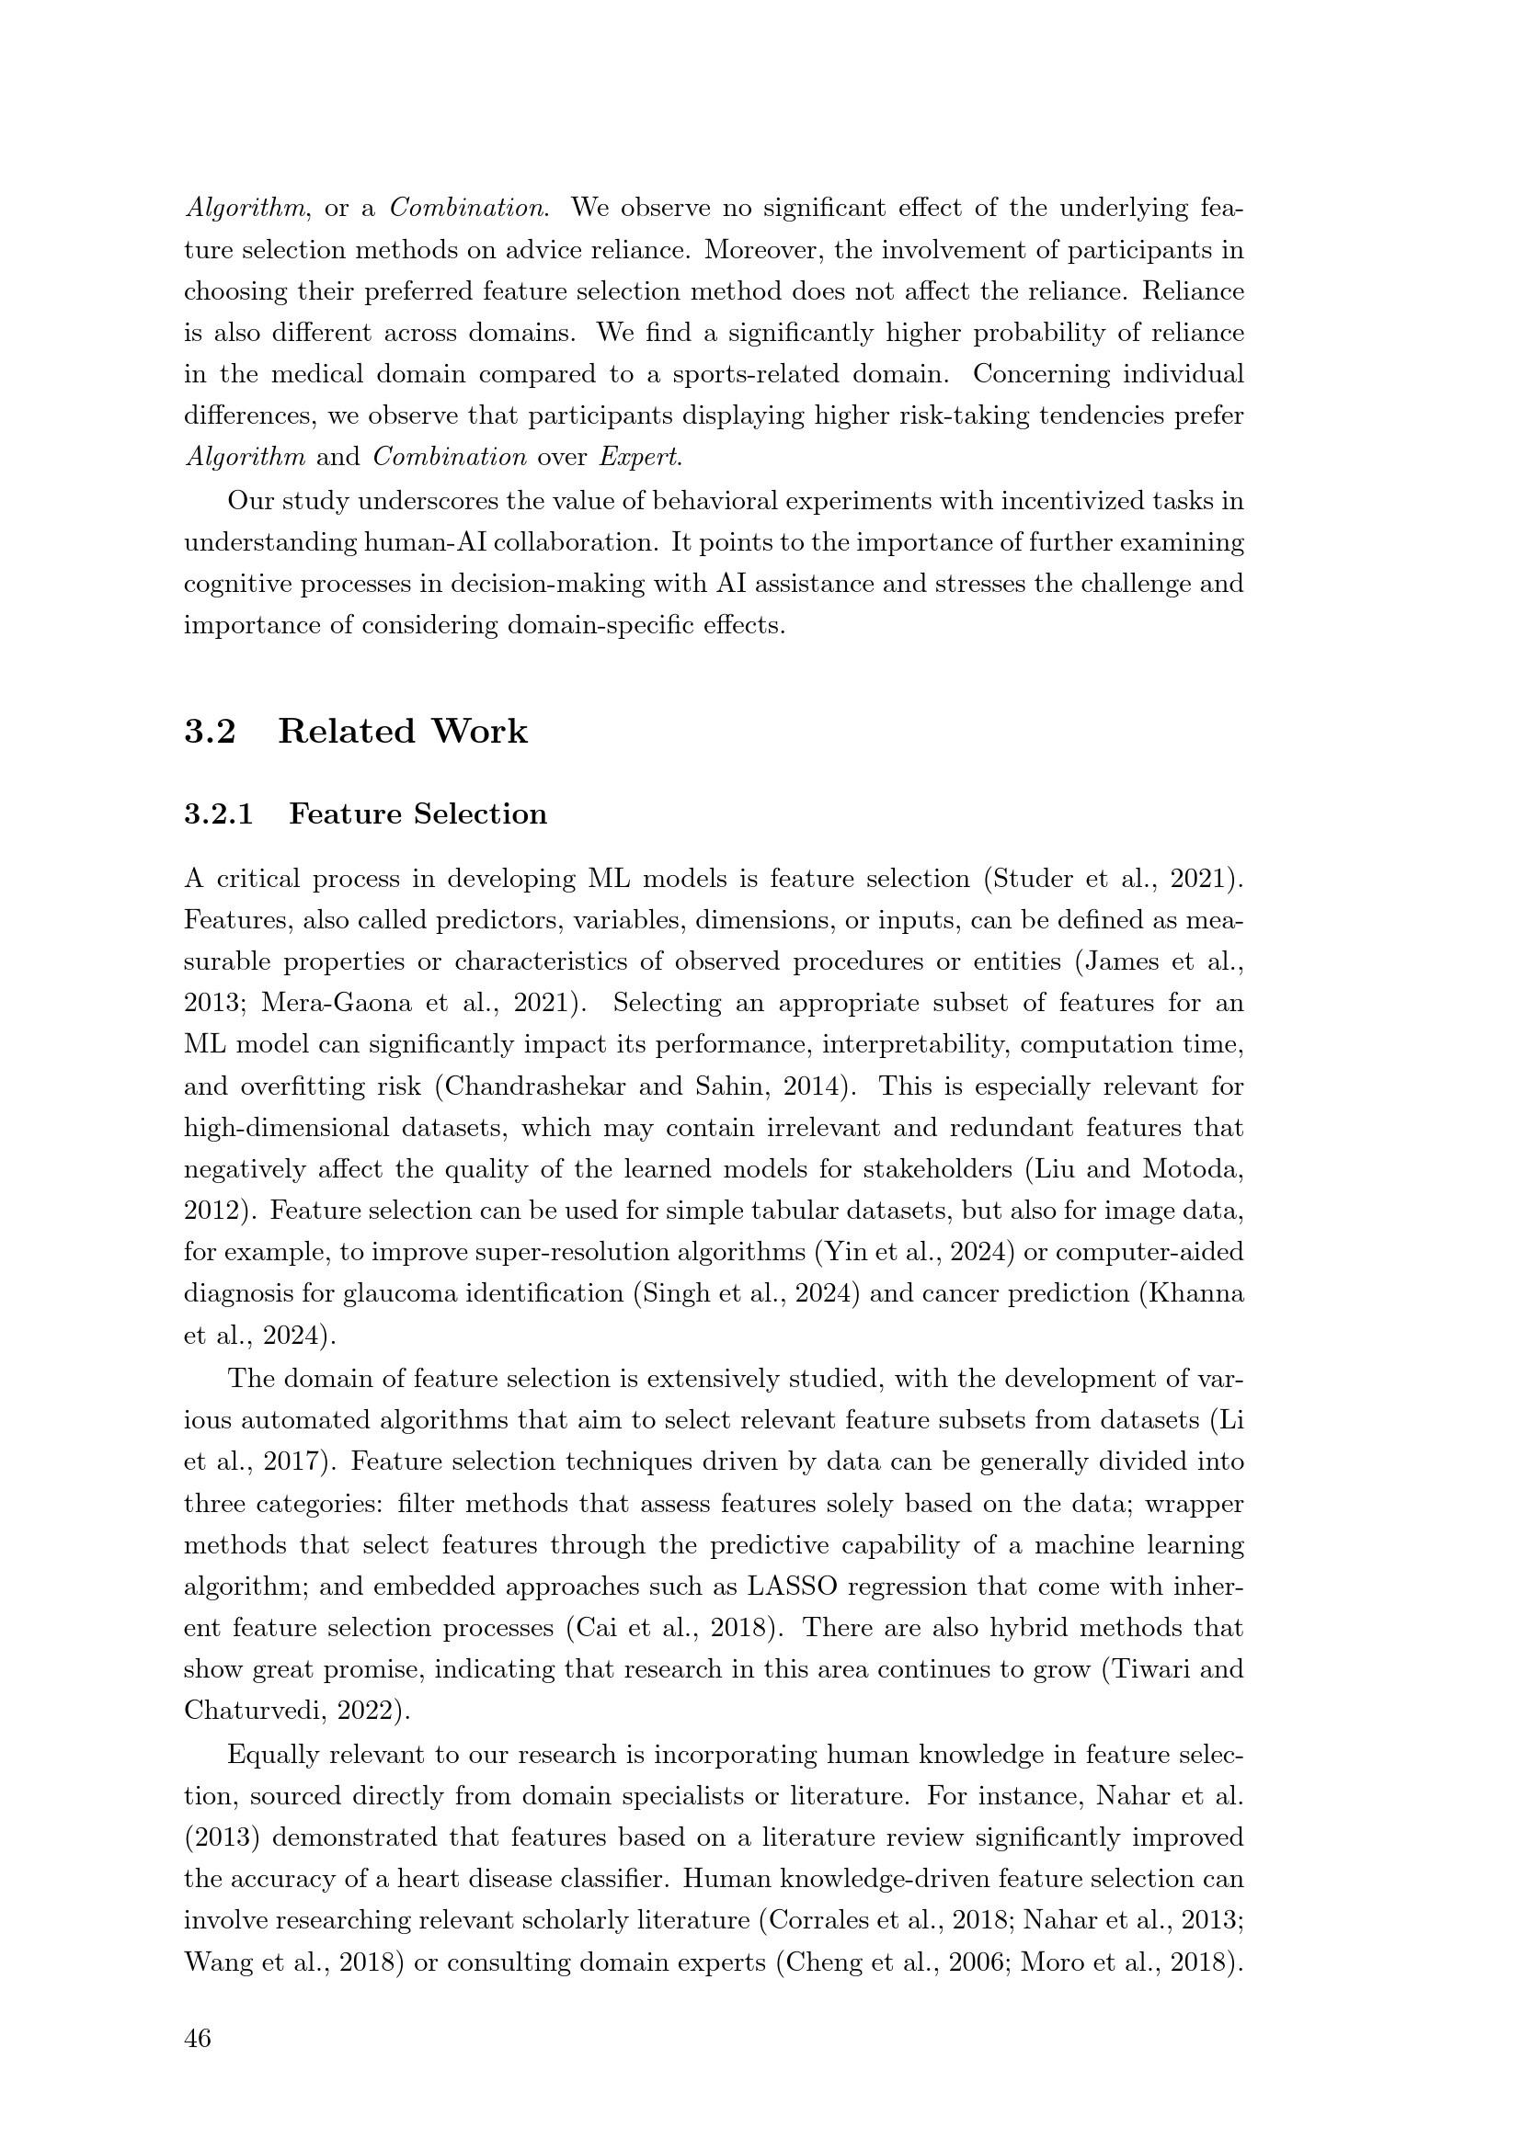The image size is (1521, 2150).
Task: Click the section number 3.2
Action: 210,732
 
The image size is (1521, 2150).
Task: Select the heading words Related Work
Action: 403,732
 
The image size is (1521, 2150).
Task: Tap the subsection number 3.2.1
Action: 218,813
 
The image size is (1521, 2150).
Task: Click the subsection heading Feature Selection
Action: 417,813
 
